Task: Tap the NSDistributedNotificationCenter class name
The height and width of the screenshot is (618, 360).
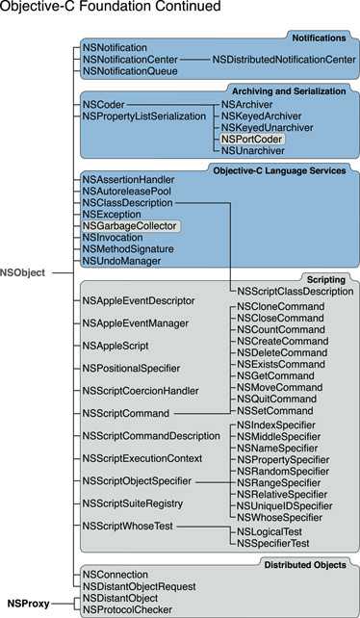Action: [x=274, y=60]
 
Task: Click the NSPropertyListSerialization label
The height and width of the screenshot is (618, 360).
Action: [x=144, y=116]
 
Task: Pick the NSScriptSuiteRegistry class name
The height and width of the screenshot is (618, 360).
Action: [x=133, y=503]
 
